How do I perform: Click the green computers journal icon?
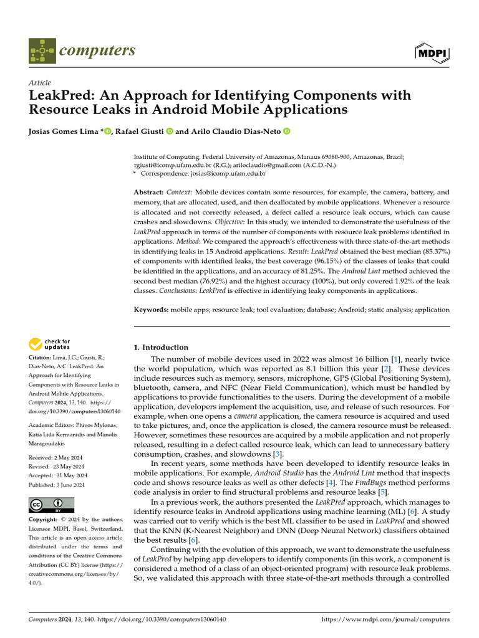[42, 51]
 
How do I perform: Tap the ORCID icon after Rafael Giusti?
[169, 131]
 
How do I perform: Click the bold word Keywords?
[152, 310]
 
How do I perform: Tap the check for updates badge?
[49, 345]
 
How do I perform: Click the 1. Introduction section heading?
[162, 347]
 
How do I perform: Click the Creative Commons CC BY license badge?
[52, 505]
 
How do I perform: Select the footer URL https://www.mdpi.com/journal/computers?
[385, 620]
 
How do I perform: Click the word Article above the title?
[40, 83]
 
